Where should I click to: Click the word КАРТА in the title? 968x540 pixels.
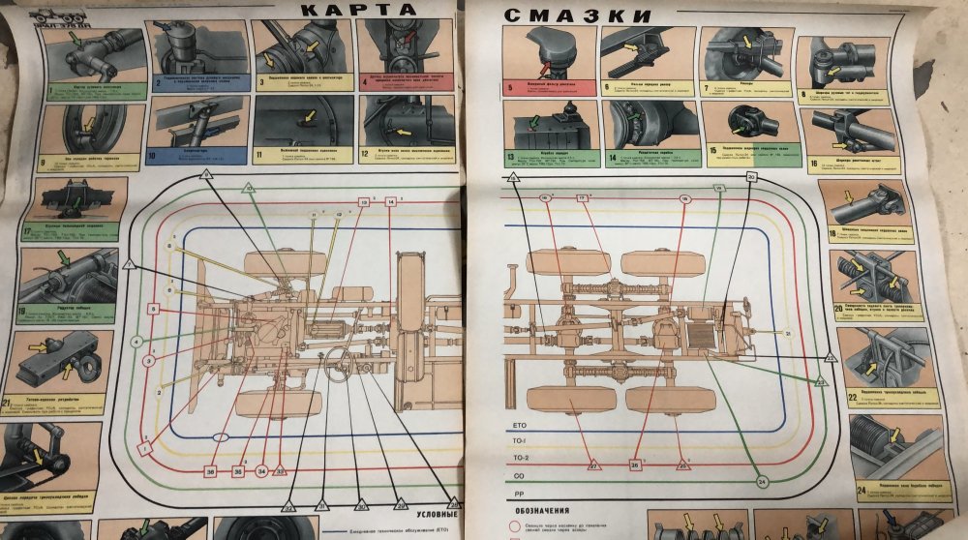[359, 10]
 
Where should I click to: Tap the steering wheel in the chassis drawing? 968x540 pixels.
[339, 363]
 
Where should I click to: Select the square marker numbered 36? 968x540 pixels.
[210, 471]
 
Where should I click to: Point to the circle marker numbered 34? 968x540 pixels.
[260, 471]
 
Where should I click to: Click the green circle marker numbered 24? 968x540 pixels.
[762, 481]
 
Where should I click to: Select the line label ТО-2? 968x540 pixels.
[520, 456]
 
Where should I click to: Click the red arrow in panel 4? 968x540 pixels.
[408, 39]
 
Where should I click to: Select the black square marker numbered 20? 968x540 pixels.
[751, 177]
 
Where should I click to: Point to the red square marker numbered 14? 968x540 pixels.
[391, 201]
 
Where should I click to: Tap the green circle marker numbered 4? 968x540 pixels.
[137, 342]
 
